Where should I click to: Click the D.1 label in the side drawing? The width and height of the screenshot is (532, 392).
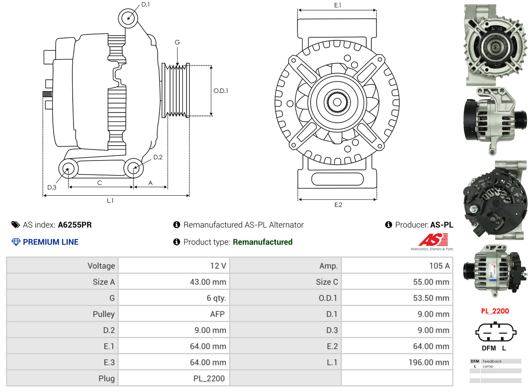pyautogui.click(x=145, y=4)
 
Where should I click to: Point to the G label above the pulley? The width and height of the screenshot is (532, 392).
pyautogui.click(x=177, y=42)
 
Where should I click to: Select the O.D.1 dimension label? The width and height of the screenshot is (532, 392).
pyautogui.click(x=221, y=90)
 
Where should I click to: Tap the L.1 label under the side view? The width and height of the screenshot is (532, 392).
pyautogui.click(x=110, y=200)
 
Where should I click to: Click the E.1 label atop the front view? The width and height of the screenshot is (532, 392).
pyautogui.click(x=338, y=5)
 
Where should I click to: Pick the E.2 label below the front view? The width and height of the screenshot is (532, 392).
pyautogui.click(x=338, y=205)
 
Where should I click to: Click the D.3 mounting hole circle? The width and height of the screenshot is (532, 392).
pyautogui.click(x=68, y=169)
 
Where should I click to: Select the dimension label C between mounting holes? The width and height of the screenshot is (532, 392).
pyautogui.click(x=99, y=183)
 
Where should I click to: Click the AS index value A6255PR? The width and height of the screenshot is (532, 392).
pyautogui.click(x=75, y=225)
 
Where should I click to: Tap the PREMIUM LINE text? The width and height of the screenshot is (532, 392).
pyautogui.click(x=51, y=242)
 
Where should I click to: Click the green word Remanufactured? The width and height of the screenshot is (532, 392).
pyautogui.click(x=263, y=242)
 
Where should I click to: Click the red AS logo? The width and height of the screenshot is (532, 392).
pyautogui.click(x=433, y=240)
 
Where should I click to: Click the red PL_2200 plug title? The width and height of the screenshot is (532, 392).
pyautogui.click(x=495, y=311)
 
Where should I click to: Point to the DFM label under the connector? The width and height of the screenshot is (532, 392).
pyautogui.click(x=488, y=348)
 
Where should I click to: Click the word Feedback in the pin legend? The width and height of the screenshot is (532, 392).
pyautogui.click(x=492, y=361)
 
